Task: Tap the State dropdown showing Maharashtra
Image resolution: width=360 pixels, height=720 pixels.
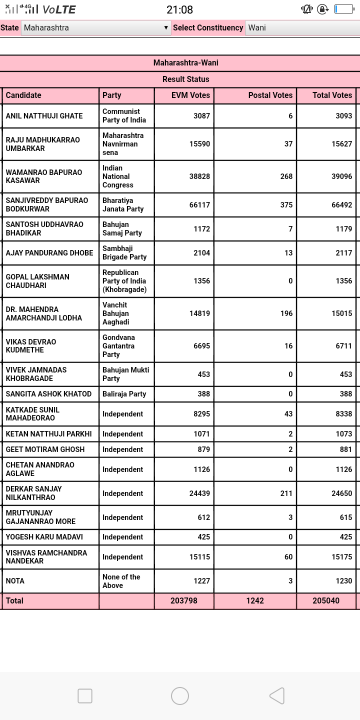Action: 96,28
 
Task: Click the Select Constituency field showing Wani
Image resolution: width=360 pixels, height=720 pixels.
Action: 302,28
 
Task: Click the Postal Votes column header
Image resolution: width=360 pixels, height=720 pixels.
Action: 270,95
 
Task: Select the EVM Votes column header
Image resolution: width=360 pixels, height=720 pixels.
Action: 190,95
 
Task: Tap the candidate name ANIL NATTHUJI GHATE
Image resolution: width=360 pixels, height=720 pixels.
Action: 44,116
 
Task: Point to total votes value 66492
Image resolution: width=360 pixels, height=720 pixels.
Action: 341,205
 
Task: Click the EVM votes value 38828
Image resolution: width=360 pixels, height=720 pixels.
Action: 199,176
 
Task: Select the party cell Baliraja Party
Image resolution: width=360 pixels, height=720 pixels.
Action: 124,394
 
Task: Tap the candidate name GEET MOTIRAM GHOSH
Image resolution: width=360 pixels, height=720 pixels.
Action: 45,449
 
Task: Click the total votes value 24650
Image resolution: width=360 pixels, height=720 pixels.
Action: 341,493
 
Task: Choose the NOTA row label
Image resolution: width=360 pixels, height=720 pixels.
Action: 15,581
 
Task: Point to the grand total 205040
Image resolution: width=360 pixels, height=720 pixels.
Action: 326,601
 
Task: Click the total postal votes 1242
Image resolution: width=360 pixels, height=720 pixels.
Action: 255,601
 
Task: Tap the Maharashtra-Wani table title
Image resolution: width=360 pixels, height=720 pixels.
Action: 185,63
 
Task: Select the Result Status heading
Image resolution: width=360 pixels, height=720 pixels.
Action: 185,79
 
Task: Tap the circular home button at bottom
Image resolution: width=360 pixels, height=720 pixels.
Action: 180,696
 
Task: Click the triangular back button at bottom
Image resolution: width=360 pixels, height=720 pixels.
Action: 277,696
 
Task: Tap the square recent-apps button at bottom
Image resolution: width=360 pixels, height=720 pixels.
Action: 85,696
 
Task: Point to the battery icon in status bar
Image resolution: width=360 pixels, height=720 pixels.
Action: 344,9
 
